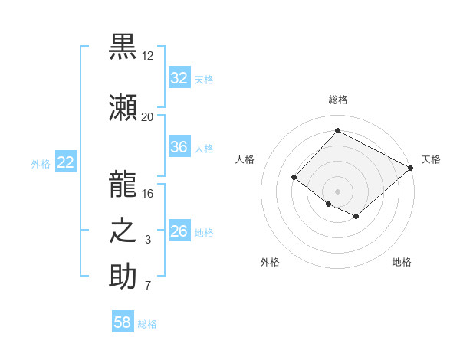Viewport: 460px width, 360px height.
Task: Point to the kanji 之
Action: (123, 231)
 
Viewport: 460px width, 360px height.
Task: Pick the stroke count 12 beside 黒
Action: (147, 56)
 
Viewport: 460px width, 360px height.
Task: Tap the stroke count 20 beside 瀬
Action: (147, 116)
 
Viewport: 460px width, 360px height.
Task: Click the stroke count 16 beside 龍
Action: (147, 193)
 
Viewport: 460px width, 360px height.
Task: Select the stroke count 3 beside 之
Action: (147, 240)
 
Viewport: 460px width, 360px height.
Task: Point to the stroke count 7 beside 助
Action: (147, 286)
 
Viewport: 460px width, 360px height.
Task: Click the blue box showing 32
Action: (179, 78)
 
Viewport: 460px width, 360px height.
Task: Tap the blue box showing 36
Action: (179, 147)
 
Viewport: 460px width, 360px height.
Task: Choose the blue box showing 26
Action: (179, 231)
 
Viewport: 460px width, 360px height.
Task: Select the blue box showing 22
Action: (65, 162)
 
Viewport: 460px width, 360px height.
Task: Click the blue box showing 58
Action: (122, 323)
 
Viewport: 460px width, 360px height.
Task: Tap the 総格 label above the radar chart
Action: (337, 100)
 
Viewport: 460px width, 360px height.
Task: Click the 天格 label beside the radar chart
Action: (431, 159)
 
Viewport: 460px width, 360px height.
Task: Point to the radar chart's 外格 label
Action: (270, 262)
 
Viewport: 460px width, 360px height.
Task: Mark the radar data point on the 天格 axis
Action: (411, 168)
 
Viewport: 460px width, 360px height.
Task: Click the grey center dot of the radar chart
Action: (337, 191)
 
